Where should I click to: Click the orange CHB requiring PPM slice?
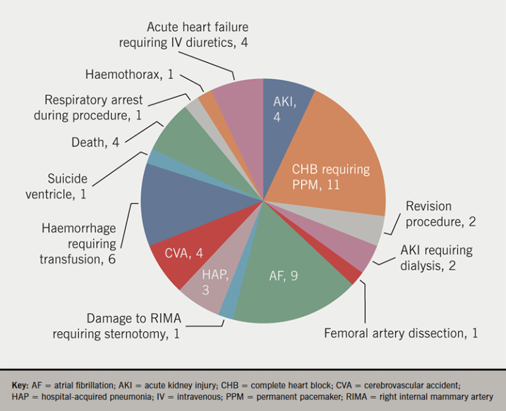point(329,164)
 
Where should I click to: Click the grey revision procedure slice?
point(369,227)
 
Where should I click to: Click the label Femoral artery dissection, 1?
point(401,333)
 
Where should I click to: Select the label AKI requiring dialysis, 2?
point(436,258)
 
